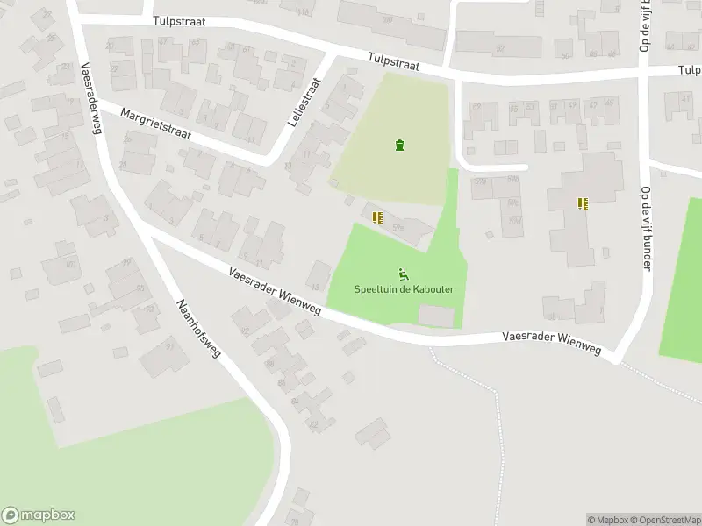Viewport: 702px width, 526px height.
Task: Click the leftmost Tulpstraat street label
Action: coord(178,22)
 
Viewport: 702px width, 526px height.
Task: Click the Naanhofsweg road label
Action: coord(198,331)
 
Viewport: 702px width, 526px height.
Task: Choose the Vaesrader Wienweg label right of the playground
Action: coord(551,342)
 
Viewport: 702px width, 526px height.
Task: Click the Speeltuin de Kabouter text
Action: coord(398,289)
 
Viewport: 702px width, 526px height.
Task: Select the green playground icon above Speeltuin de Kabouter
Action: coord(404,274)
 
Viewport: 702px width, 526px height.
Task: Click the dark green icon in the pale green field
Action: coord(400,145)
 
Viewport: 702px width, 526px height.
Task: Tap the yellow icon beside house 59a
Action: coord(377,217)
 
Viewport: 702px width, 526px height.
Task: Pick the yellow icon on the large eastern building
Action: coord(583,203)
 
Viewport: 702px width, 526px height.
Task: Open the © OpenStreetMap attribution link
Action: coord(666,520)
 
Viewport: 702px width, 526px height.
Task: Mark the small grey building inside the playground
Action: coord(437,315)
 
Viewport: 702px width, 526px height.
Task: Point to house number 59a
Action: coord(398,228)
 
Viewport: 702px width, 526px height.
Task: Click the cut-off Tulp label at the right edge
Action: coord(690,70)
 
